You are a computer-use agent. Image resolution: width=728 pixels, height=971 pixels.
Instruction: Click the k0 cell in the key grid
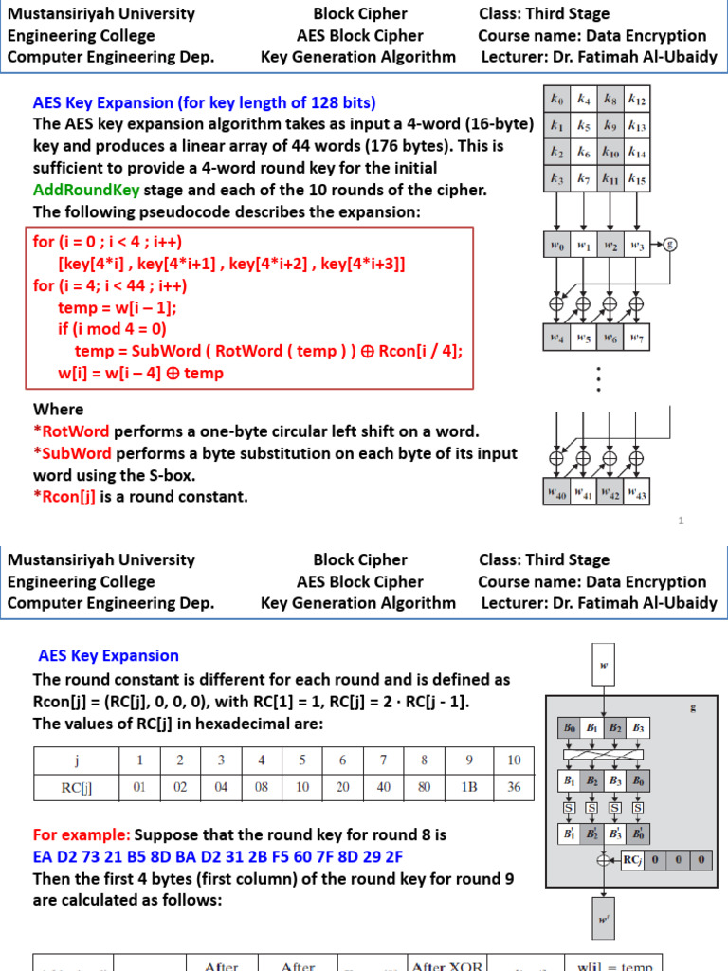(557, 98)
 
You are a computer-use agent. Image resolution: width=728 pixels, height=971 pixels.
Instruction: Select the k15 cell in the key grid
(636, 178)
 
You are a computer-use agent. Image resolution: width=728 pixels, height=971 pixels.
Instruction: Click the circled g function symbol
(672, 243)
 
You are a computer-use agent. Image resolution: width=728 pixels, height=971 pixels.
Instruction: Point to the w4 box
(557, 338)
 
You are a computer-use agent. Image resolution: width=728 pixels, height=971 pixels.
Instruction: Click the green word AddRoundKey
(86, 189)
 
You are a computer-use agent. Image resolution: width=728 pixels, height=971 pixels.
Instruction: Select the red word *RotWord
(72, 431)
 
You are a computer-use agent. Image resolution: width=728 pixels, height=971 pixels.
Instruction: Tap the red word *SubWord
(72, 453)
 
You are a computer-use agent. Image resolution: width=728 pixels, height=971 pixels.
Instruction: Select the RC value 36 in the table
(514, 786)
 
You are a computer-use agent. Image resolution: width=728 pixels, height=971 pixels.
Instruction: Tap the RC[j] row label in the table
(76, 786)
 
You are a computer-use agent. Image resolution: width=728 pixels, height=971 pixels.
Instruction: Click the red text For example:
(82, 835)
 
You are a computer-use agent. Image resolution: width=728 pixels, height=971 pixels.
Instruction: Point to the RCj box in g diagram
(632, 860)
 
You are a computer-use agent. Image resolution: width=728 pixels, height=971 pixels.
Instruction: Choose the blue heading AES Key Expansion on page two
(108, 655)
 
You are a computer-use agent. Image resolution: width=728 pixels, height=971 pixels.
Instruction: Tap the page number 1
(681, 521)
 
